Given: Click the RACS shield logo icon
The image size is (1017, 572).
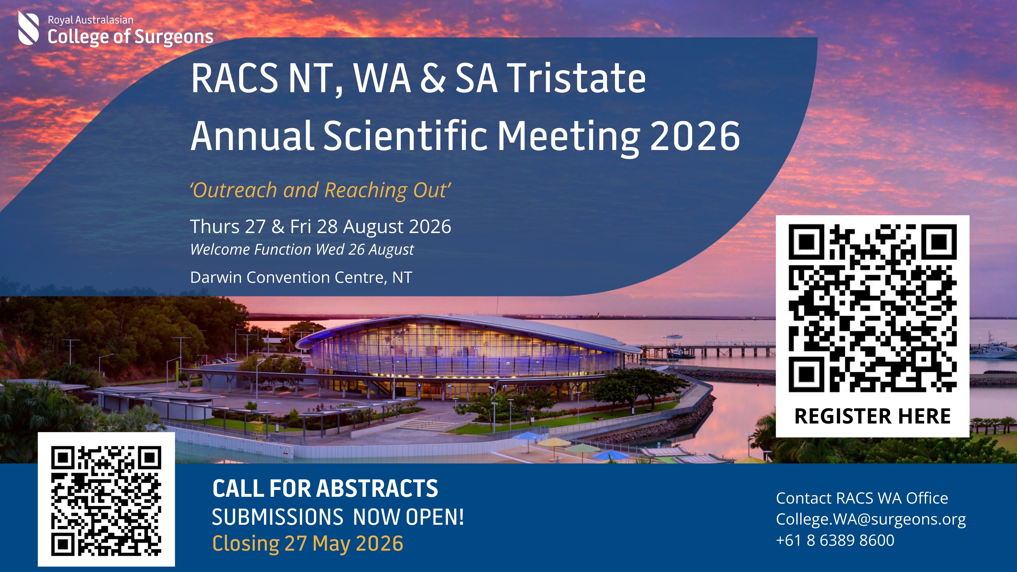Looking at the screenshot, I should click(28, 28).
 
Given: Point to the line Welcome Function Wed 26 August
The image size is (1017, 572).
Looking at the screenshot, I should click(302, 250).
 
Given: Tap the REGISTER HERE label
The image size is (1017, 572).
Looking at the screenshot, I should click(873, 416).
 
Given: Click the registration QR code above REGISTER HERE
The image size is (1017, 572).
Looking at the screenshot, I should click(873, 308).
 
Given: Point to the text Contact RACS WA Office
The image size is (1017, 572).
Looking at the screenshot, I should click(862, 498).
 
